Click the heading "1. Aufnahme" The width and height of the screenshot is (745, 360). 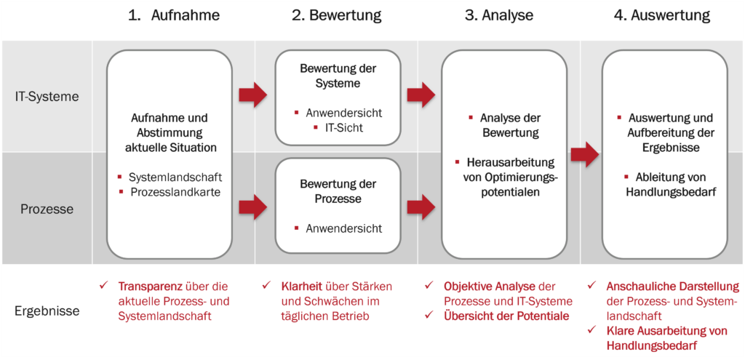[x=174, y=16]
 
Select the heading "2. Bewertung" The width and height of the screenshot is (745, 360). [x=337, y=16]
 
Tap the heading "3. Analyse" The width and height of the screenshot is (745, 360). [x=499, y=16]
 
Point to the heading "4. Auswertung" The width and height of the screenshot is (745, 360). [x=662, y=16]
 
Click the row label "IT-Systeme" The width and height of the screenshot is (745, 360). [x=46, y=97]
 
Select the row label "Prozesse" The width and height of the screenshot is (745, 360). [x=47, y=209]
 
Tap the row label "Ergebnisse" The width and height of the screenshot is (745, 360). [x=47, y=311]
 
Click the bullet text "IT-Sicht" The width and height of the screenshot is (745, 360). [x=343, y=128]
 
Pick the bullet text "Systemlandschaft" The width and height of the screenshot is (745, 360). [x=175, y=177]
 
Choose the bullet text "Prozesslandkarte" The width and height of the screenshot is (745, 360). [x=175, y=192]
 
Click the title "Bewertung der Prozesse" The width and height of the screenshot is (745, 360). [x=338, y=191]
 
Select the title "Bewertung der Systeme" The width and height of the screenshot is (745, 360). [x=338, y=76]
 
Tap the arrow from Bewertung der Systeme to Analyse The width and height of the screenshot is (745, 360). [x=421, y=95]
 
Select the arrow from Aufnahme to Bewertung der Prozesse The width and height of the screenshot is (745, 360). [x=253, y=207]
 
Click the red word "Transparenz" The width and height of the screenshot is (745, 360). [x=150, y=287]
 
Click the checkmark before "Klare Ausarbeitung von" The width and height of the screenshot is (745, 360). [x=591, y=329]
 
